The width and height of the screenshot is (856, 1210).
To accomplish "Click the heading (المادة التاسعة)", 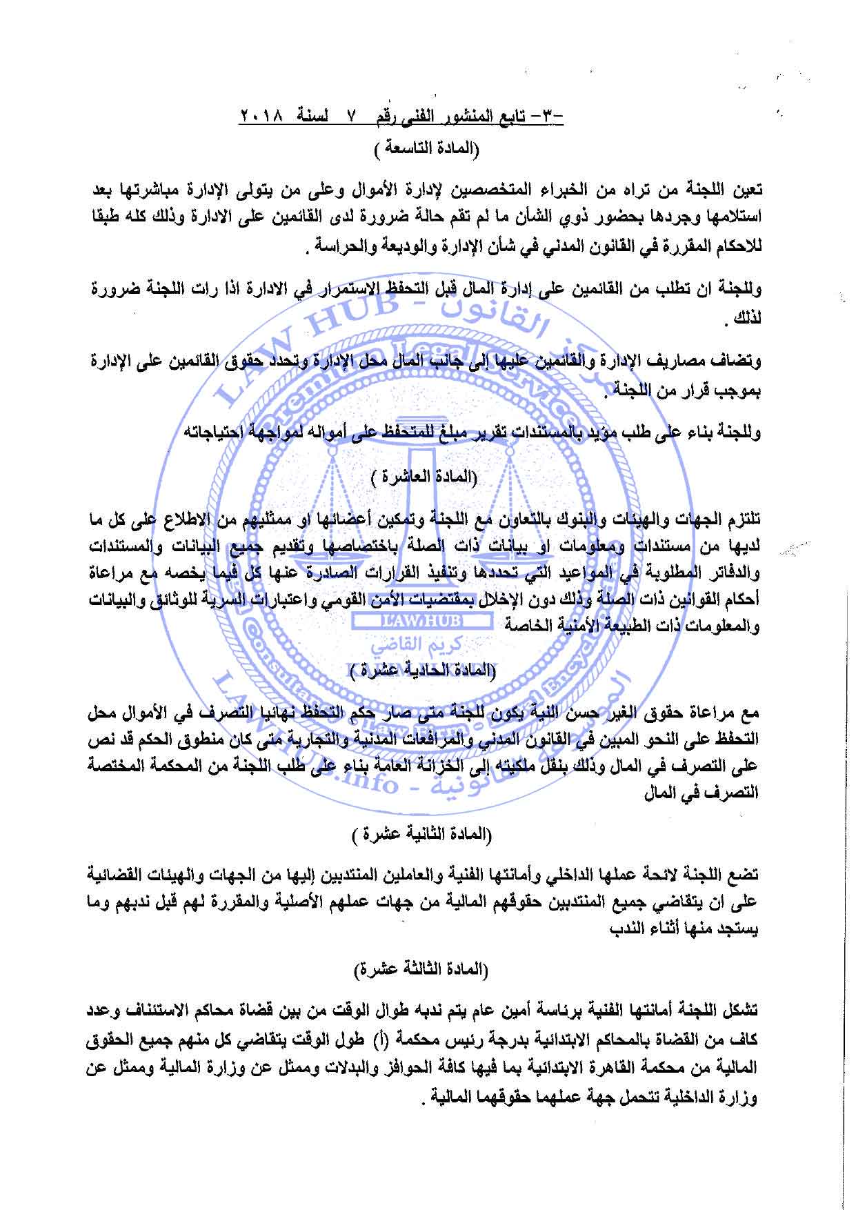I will click(x=427, y=149).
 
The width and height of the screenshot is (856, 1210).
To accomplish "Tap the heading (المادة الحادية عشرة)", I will click(x=427, y=670).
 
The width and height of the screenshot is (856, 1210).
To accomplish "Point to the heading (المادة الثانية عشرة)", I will click(x=428, y=835).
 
